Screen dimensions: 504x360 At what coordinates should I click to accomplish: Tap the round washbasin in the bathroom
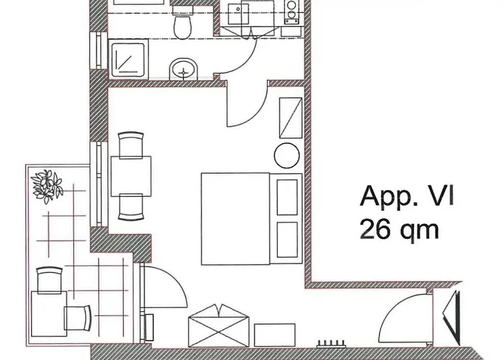tap(184, 69)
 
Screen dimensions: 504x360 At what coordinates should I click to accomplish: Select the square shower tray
tap(129, 59)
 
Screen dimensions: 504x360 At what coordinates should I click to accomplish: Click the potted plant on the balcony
tap(48, 186)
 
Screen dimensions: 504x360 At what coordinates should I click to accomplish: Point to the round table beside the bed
tap(287, 156)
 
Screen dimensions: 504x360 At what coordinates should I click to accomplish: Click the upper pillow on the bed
tap(287, 197)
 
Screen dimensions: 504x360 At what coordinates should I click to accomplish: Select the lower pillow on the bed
tap(287, 240)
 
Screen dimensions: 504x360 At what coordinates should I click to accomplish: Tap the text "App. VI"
tap(407, 197)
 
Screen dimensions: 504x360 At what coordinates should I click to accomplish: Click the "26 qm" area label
tap(399, 230)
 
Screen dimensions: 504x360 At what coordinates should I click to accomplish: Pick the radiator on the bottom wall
tap(331, 344)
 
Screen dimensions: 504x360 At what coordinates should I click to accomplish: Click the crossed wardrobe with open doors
tap(218, 325)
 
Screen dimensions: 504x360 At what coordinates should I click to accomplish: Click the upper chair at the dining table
tap(131, 145)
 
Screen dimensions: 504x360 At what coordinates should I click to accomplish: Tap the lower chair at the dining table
tap(131, 207)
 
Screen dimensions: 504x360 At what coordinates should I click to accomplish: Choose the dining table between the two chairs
tap(131, 176)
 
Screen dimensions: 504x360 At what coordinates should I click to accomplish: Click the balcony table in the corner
tap(49, 314)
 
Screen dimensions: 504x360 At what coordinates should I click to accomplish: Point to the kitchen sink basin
tap(238, 14)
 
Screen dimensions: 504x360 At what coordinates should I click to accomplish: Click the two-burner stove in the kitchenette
tap(292, 12)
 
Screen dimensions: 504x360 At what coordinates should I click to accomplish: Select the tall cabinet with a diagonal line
tap(291, 118)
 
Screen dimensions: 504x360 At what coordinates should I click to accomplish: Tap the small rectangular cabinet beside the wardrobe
tap(274, 336)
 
